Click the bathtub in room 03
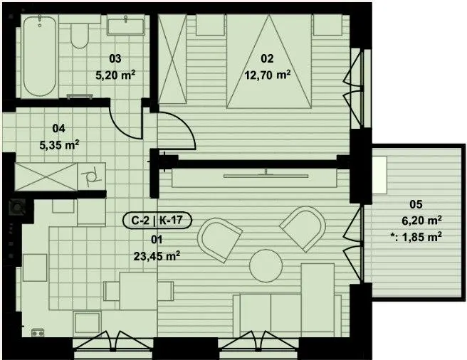pyautogui.click(x=39, y=56)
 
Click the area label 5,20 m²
pyautogui.click(x=115, y=75)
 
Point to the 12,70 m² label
pyautogui.click(x=268, y=75)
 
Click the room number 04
pyautogui.click(x=58, y=128)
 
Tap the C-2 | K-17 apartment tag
pyautogui.click(x=157, y=221)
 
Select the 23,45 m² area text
pyautogui.click(x=157, y=255)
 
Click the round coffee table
pyautogui.click(x=266, y=265)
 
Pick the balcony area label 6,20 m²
pyautogui.click(x=421, y=221)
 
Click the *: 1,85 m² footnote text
pyautogui.click(x=416, y=237)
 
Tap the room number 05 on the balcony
pyautogui.click(x=416, y=204)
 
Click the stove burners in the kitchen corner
pyautogui.click(x=38, y=332)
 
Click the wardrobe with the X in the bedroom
pyautogui.click(x=172, y=59)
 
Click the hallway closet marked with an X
pyautogui.click(x=46, y=176)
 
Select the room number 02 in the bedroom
pyautogui.click(x=267, y=58)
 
